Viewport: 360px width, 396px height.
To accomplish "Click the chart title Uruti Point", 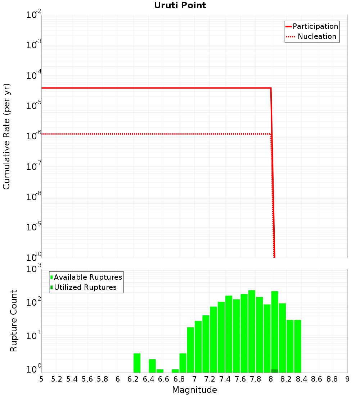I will (x=180, y=5).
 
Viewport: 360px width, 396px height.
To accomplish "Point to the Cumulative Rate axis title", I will (x=6, y=136).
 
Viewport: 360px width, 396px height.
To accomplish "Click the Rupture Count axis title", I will (x=14, y=321).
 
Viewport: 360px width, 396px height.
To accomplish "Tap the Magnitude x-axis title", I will (x=194, y=390).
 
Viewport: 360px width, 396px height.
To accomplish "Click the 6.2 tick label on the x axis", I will (x=133, y=379).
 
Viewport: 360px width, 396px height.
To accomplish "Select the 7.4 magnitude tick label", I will (x=225, y=379).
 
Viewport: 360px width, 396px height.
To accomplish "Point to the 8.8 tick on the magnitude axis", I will (x=332, y=379).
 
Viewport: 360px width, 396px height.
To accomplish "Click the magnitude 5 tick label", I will (x=41, y=379).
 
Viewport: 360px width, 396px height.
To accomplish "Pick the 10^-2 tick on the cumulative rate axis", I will (x=34, y=15).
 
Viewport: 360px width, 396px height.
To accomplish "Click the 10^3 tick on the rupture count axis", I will (x=35, y=269).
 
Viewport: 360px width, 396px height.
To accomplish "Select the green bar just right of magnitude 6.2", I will (x=137, y=363).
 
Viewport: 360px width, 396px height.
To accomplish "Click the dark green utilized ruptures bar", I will (x=275, y=371).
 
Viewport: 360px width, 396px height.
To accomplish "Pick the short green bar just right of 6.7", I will (x=175, y=371).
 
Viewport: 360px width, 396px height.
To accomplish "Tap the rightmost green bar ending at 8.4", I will (x=298, y=346).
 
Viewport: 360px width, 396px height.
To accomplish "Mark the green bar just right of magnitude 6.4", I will (x=152, y=366).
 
